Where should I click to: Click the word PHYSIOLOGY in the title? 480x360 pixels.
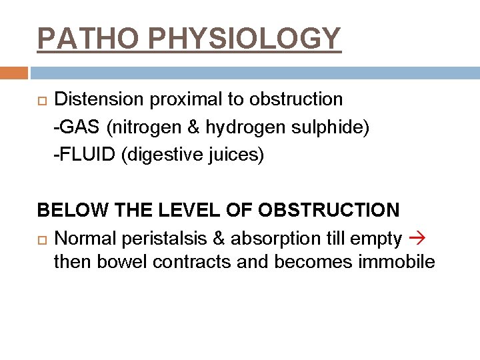click(245, 39)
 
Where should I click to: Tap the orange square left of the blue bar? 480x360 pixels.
click(13, 73)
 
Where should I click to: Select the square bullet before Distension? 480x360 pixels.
click(41, 100)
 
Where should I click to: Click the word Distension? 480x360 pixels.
click(99, 99)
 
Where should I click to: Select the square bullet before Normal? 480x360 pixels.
click(41, 239)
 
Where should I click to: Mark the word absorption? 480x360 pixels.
click(263, 239)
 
